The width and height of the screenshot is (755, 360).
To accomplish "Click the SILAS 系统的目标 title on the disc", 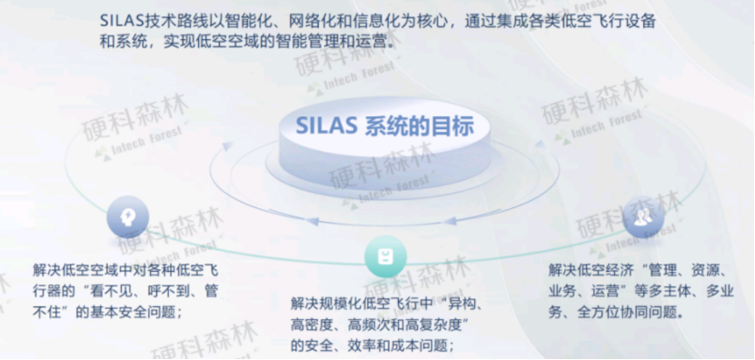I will (x=384, y=124).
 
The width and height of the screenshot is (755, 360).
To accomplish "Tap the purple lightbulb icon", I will (x=127, y=217).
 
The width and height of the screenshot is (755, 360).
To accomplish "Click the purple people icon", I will (x=642, y=216).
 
